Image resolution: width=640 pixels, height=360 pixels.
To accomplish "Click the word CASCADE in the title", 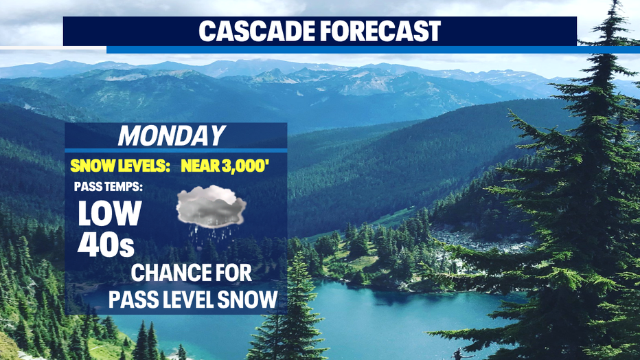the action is point(257,31).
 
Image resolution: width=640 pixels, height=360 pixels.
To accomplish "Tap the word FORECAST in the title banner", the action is point(381,31).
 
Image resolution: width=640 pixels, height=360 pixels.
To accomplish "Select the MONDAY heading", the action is point(172,135).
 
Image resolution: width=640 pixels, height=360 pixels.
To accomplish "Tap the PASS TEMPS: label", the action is point(108,187).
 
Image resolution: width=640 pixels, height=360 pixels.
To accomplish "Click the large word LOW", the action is point(109,213).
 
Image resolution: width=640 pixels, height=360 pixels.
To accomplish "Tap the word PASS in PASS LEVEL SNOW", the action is point(133,299).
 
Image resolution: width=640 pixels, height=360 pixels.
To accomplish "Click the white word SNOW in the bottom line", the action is point(247,299).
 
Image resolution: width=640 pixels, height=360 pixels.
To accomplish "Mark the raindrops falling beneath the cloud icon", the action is point(211,236).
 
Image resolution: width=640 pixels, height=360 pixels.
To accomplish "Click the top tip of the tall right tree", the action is point(613,1).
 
